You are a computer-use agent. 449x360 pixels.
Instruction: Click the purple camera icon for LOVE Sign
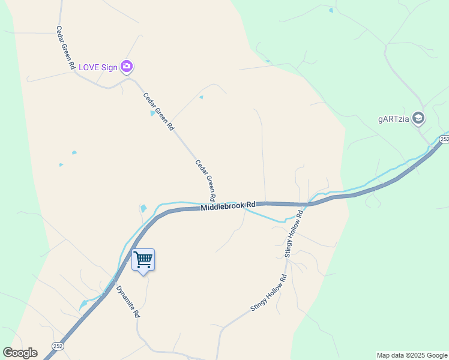coord(126,67)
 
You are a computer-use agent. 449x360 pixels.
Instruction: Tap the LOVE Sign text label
coord(98,67)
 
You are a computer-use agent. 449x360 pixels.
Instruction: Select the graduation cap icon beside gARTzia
coord(418,118)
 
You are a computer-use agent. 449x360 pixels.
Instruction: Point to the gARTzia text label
coord(394,119)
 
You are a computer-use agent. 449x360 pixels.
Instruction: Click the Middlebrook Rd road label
coord(228,206)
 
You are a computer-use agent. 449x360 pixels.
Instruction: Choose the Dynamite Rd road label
coord(128,301)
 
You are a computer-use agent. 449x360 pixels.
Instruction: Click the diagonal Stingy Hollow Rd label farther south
coord(268,293)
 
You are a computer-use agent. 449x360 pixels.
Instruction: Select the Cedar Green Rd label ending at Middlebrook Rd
coord(205,180)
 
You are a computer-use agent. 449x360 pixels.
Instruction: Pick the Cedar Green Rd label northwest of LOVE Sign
coord(65,47)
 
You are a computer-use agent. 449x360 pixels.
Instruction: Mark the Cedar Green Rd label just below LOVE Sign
coord(158,112)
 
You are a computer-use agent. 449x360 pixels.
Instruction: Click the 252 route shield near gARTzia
coord(444,139)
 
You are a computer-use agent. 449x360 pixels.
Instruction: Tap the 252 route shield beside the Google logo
coord(57,347)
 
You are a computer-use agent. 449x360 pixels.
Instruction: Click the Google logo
coord(20,353)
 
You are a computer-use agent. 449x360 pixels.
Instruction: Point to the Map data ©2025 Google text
coord(412,355)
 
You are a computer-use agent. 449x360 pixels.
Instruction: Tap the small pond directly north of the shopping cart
coord(143,209)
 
